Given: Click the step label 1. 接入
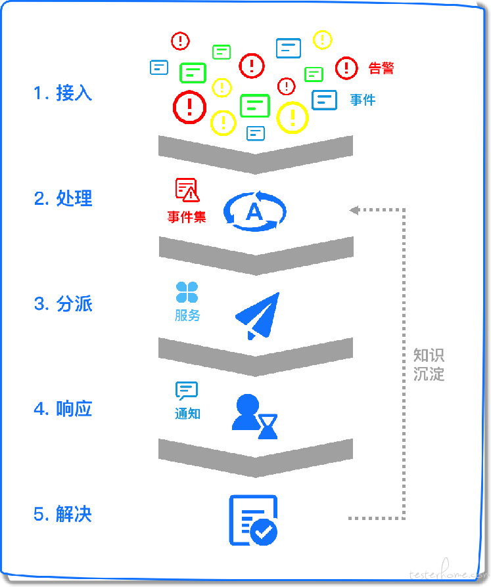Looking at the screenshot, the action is (x=62, y=93).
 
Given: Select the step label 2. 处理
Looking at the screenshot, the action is (x=63, y=198).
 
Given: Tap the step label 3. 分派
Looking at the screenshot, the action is (x=63, y=303).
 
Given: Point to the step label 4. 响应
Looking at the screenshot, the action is (x=63, y=409).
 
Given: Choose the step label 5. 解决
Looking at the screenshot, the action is (x=62, y=514).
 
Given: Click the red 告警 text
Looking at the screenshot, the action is (x=381, y=68).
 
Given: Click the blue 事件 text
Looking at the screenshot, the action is (x=363, y=100).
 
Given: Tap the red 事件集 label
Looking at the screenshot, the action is (x=187, y=217).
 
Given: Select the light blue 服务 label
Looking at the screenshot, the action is (x=187, y=315).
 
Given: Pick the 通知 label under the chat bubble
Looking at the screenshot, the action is (x=187, y=414).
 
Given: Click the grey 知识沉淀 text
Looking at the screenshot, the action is (x=429, y=364).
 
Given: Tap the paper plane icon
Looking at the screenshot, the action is (x=258, y=316).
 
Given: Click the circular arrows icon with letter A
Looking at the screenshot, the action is (x=255, y=211).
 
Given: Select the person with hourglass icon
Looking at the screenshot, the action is (x=255, y=416).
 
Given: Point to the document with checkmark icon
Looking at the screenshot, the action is (x=253, y=521).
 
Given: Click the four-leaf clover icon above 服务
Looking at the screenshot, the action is (x=187, y=292).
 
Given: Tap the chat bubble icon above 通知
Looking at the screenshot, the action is (x=186, y=391).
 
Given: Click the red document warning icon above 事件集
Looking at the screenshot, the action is (x=187, y=190).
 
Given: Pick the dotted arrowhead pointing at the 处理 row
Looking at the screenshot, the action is (x=354, y=210).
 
